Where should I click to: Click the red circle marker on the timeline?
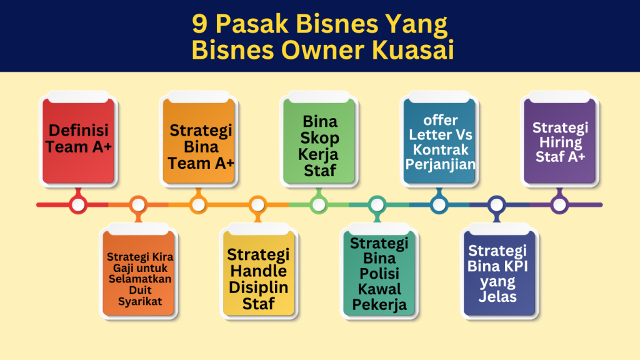(78, 204)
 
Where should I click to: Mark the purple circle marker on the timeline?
(559, 204)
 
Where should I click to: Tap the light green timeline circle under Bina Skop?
(319, 204)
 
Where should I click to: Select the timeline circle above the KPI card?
(497, 204)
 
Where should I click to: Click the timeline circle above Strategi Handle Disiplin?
(257, 204)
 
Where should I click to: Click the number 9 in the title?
(199, 24)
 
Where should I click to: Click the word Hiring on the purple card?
(561, 142)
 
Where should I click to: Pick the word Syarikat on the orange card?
(140, 302)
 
